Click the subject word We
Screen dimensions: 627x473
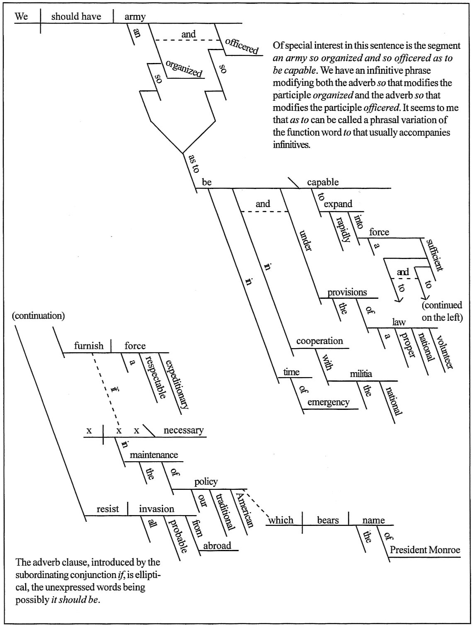tap(21, 17)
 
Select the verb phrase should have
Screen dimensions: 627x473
tap(76, 17)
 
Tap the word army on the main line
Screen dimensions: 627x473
tap(135, 17)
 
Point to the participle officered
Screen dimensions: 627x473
tap(242, 46)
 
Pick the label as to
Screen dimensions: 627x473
tap(194, 163)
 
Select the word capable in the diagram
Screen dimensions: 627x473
tap(323, 182)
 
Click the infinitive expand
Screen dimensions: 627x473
tap(338, 204)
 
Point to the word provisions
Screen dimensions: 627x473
tap(347, 292)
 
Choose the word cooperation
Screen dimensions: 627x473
tap(319, 341)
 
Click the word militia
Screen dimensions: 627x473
tap(361, 374)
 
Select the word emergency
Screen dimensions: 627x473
tap(328, 402)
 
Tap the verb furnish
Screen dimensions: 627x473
tap(89, 346)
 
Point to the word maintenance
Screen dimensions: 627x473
tap(154, 455)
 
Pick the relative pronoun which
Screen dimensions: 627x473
tap(281, 520)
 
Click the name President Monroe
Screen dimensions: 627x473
tap(425, 550)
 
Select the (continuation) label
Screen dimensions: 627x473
tap(39, 316)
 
